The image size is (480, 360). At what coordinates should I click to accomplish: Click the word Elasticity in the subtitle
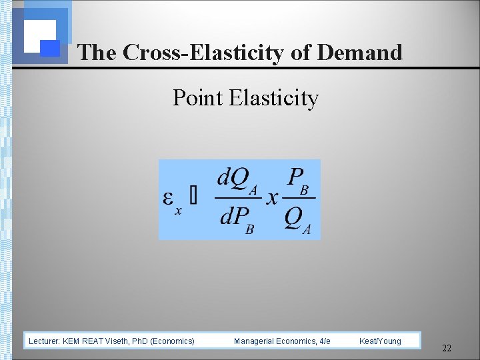[273, 98]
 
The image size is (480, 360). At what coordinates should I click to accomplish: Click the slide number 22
[447, 348]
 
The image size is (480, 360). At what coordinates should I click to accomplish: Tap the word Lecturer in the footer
[44, 341]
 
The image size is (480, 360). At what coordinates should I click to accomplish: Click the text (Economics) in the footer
[173, 341]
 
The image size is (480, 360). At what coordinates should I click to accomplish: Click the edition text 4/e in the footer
[324, 341]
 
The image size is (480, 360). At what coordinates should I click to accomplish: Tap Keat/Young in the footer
[380, 341]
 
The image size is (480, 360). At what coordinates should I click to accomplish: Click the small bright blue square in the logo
[50, 48]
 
